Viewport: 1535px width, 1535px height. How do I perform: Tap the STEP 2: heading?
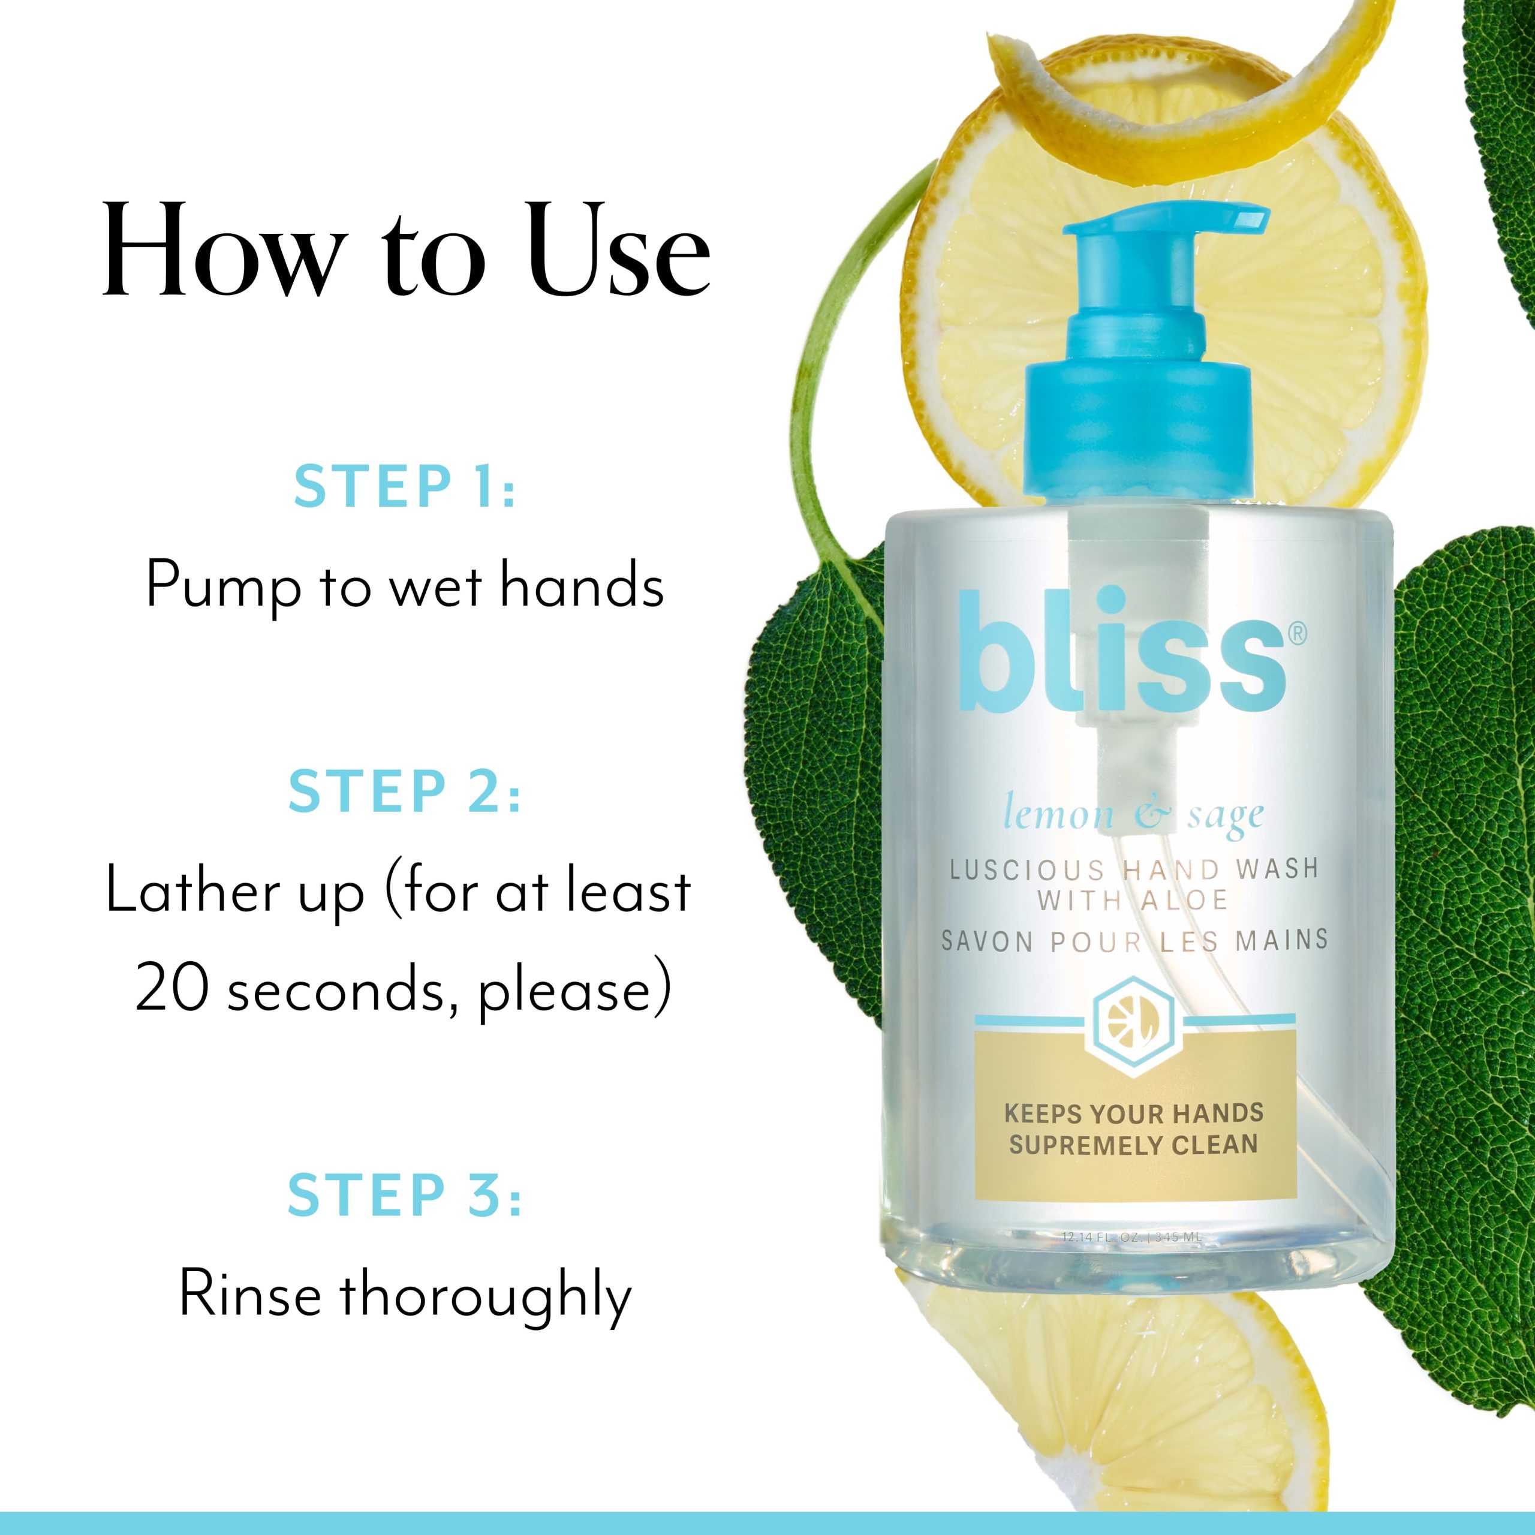pyautogui.click(x=404, y=791)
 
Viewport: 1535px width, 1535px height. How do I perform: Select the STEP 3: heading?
pyautogui.click(x=404, y=1195)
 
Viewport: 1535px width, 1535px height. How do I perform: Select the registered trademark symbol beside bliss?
pyautogui.click(x=1295, y=633)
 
